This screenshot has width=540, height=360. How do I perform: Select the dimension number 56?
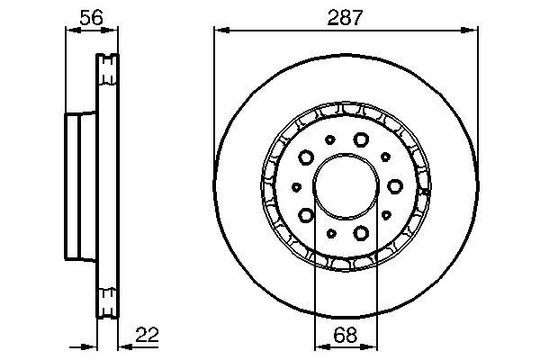[x=90, y=15]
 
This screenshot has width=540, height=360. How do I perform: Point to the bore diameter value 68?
[x=346, y=335]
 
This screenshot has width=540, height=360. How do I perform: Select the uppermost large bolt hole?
[x=362, y=139]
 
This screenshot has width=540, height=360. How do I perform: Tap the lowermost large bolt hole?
[x=362, y=233]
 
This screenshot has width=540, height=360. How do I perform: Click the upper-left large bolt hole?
[x=306, y=157]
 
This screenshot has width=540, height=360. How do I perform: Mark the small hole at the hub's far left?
[x=296, y=186]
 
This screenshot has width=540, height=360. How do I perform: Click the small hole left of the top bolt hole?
[x=330, y=139]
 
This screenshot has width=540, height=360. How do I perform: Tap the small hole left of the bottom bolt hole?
[x=330, y=233]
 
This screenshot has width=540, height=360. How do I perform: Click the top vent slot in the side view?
[x=107, y=64]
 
